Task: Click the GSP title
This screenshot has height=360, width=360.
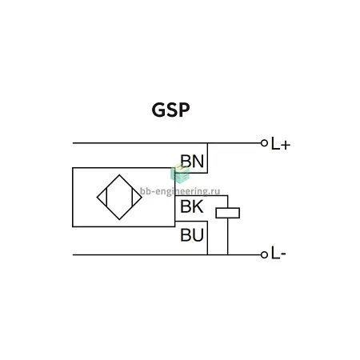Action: [170, 110]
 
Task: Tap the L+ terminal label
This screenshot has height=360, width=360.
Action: [280, 144]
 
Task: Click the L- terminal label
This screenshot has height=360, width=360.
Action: [278, 253]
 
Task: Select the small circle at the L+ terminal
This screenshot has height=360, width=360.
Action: [264, 143]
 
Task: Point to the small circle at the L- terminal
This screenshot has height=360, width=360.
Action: [264, 255]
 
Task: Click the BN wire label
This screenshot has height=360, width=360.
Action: [192, 161]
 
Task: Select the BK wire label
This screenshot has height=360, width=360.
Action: [192, 206]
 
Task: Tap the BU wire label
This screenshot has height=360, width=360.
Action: [192, 235]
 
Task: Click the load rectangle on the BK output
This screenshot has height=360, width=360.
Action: [228, 213]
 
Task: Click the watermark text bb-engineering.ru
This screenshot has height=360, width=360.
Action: [180, 191]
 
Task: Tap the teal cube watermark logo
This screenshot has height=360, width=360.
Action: [180, 174]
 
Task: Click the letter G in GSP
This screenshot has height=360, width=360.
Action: [158, 110]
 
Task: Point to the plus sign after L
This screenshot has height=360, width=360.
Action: [286, 146]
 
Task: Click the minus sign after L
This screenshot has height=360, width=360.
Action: [283, 254]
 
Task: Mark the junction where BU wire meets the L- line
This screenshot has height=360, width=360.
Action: [207, 255]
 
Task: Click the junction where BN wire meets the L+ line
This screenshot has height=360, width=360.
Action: [207, 143]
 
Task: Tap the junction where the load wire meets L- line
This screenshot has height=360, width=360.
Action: [228, 255]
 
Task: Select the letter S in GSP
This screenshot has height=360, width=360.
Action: [172, 110]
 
